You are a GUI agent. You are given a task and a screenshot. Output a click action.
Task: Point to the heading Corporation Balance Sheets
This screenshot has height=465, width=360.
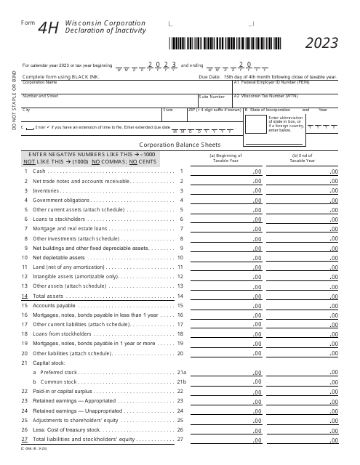point(180,145)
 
